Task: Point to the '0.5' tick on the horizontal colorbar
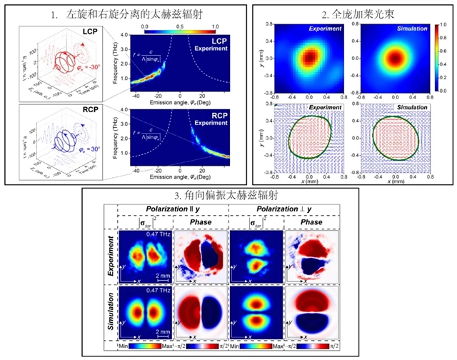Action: pyautogui.click(x=181, y=25)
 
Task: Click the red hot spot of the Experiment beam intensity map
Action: pyautogui.click(x=308, y=58)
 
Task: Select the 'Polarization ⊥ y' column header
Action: pyautogui.click(x=281, y=208)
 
